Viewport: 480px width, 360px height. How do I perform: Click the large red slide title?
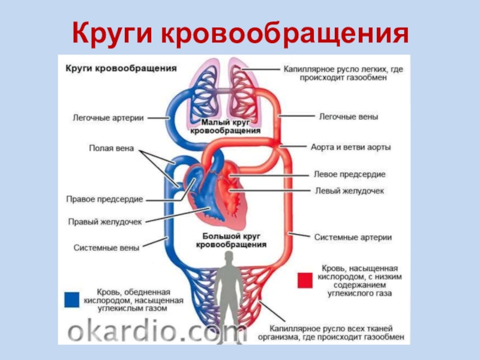(x=240, y=35)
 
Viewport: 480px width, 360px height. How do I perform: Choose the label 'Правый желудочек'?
(x=104, y=221)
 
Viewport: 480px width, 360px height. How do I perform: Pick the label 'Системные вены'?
(x=106, y=247)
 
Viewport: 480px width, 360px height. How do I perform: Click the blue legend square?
(x=73, y=299)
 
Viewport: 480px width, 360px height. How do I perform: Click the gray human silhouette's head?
(x=228, y=259)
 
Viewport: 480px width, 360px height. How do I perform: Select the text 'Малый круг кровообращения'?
(x=225, y=126)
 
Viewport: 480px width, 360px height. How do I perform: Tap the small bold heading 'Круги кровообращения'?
(x=121, y=68)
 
